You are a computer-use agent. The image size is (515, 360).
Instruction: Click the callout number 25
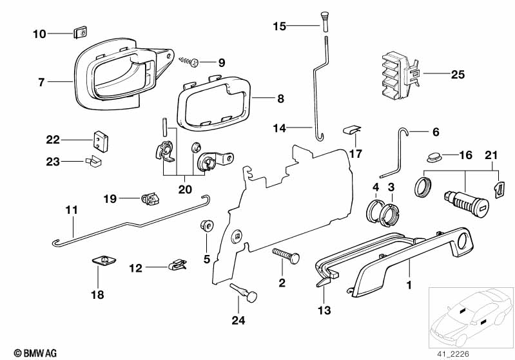click(x=457, y=75)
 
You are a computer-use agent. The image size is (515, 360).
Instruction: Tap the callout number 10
click(x=39, y=33)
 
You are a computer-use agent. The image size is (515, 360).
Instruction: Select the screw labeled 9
click(x=191, y=62)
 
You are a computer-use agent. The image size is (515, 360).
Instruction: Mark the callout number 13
click(x=324, y=311)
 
